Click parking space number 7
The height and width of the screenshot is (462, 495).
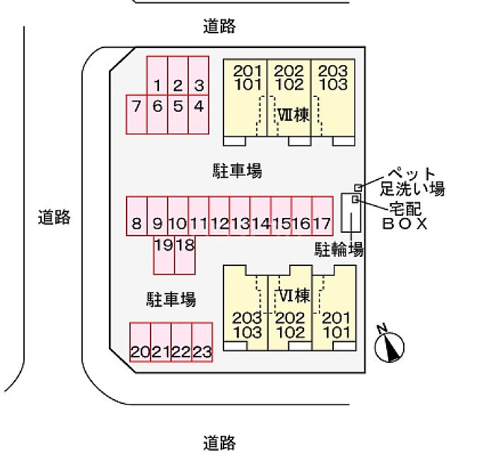click(136, 108)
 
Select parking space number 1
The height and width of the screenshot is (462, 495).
click(157, 86)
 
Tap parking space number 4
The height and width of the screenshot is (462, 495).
click(199, 108)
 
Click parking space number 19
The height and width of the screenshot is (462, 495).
click(164, 246)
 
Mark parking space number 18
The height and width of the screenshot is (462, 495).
click(185, 246)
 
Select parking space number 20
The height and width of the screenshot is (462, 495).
click(140, 352)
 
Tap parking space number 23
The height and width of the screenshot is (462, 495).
click(202, 352)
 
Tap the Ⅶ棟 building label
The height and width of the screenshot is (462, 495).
click(293, 115)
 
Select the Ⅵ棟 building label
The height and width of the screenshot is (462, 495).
click(293, 295)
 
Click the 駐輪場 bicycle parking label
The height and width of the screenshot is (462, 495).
click(339, 249)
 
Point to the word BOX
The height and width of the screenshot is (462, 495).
click(405, 224)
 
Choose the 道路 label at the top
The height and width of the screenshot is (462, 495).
click(219, 27)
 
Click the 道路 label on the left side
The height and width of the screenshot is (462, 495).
click(54, 217)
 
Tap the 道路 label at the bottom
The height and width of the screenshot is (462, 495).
click(219, 444)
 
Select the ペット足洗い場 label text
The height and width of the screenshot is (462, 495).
click(412, 182)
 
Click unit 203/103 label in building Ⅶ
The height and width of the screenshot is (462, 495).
click(332, 77)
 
